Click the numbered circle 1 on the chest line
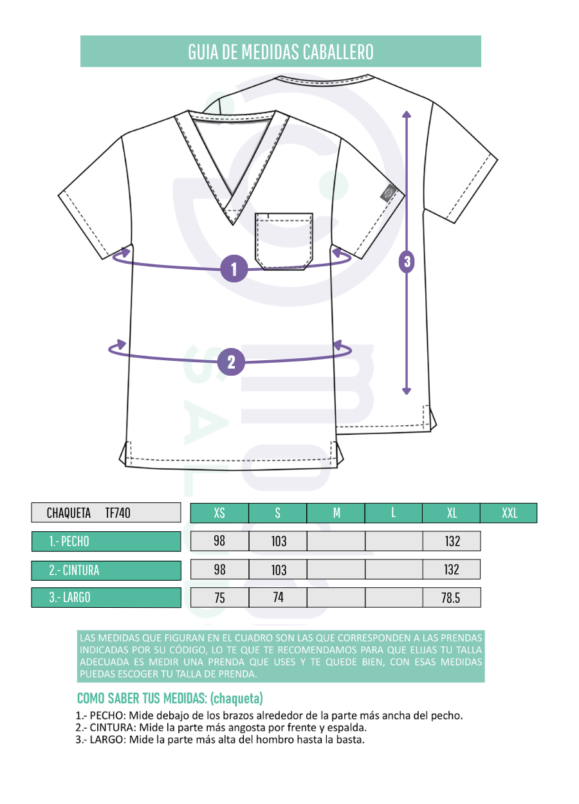tap(234, 268)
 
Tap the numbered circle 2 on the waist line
tap(231, 361)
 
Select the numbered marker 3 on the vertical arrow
tap(407, 262)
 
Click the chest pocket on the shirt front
tap(284, 241)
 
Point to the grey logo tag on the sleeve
tap(389, 193)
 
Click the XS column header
tap(219, 513)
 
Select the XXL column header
tap(509, 513)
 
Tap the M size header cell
tap(336, 513)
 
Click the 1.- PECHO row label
tap(106, 542)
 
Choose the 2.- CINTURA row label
tap(106, 571)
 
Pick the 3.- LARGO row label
tap(106, 598)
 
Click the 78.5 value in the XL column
tap(452, 598)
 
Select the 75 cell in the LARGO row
tap(219, 598)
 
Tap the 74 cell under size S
tap(278, 598)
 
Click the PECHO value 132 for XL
tap(452, 541)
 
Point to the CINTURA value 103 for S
tap(278, 569)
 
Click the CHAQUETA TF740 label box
tap(106, 513)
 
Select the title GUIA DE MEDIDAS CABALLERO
tap(280, 52)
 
